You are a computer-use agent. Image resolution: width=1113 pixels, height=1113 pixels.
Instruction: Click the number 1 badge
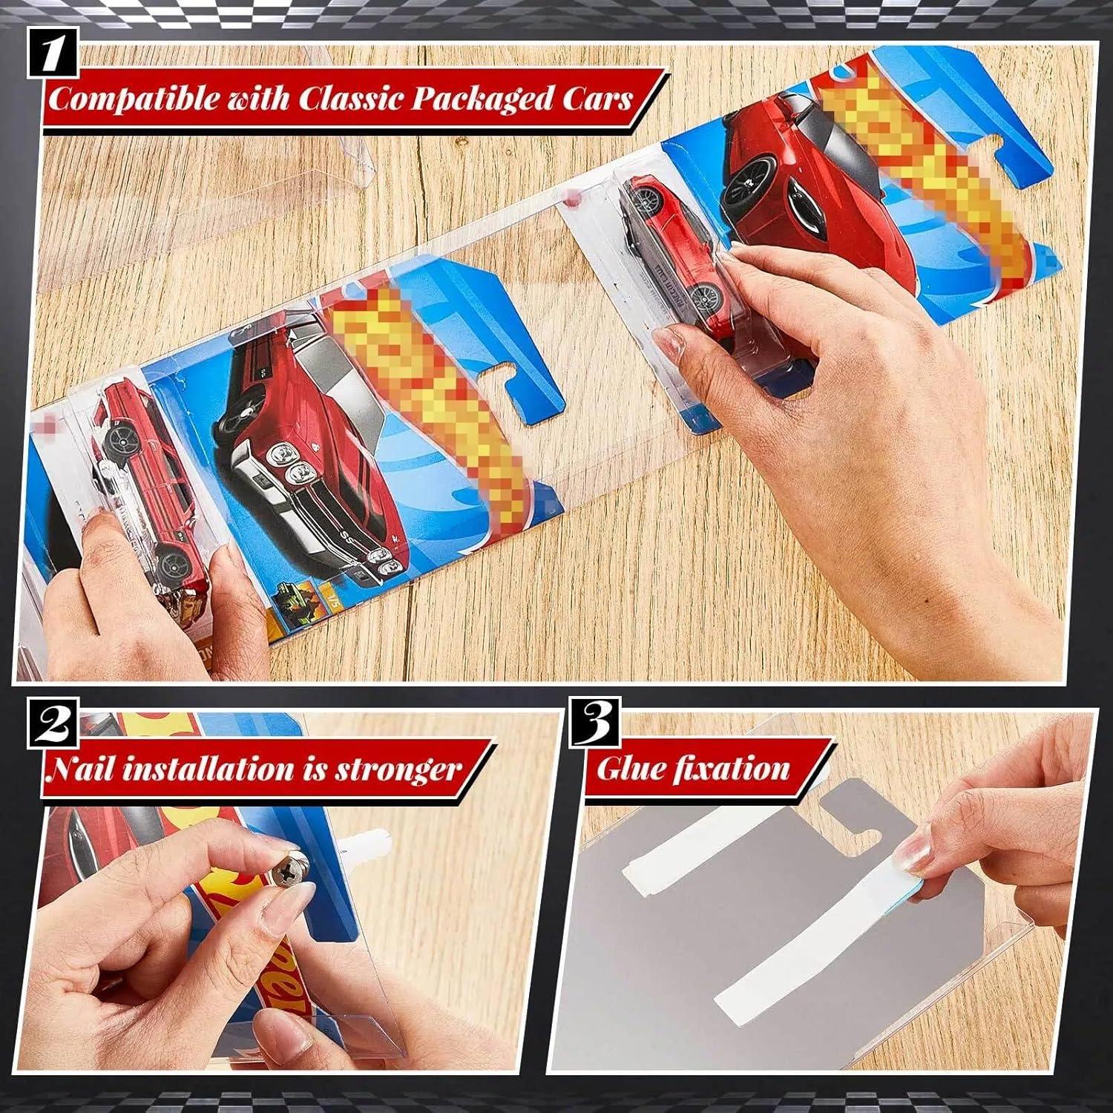pos(54,53)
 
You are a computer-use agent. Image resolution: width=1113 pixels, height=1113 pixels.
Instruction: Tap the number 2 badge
pos(54,728)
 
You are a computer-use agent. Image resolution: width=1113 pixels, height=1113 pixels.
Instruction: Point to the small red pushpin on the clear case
pos(570,199)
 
